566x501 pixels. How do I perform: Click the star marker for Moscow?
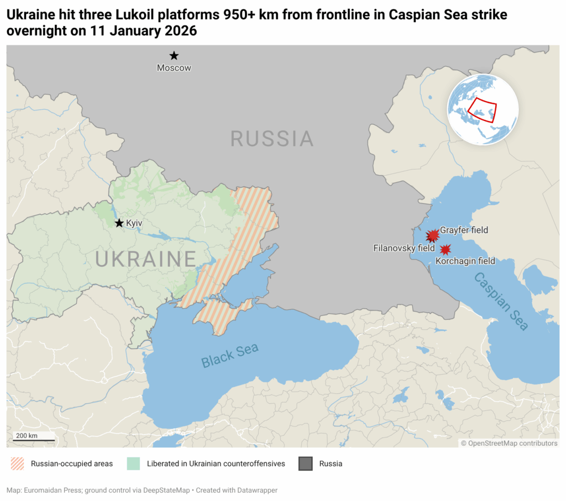pos(174,55)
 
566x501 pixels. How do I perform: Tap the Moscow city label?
pos(174,68)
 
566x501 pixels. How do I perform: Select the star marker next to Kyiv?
pos(119,223)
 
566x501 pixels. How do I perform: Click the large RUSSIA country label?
pos(271,139)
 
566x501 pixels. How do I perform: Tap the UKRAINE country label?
pos(146,259)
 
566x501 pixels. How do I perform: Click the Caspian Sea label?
pos(501,301)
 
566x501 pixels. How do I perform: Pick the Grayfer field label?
pos(464,230)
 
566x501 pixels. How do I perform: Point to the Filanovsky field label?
pos(404,249)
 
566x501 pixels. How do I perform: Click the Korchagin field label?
pos(465,261)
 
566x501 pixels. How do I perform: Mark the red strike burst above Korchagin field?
pos(445,249)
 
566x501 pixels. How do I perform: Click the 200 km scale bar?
pos(34,440)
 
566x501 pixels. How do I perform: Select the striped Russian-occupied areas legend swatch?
pos(18,463)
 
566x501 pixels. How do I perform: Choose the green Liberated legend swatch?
pos(134,463)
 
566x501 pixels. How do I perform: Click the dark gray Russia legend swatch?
pos(306,463)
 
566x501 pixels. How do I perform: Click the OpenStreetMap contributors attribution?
pos(509,443)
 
